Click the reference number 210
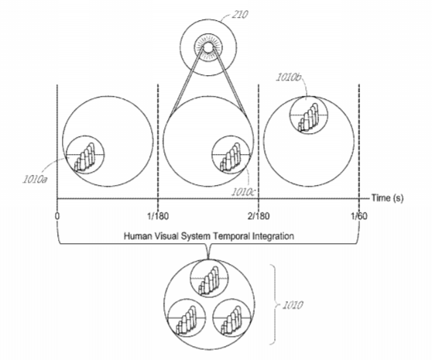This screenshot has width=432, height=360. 239,15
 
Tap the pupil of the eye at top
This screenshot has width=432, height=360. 208,48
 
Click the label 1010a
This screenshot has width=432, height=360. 35,180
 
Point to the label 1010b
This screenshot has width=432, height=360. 289,77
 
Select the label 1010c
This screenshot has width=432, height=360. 243,192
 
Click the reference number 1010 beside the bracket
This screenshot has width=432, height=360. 293,305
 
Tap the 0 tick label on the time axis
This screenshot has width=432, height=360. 57,216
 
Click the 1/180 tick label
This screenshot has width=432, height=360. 158,216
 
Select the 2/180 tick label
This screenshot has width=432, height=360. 259,216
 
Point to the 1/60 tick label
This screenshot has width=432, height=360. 359,216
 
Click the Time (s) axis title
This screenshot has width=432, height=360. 387,197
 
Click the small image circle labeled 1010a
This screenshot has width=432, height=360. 85,155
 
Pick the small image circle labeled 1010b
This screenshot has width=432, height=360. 309,115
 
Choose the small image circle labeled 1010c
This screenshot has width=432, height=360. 231,155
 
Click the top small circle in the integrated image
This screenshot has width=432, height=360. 209,278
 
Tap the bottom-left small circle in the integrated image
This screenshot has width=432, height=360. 187,318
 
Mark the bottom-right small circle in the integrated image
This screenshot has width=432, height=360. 232,318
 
